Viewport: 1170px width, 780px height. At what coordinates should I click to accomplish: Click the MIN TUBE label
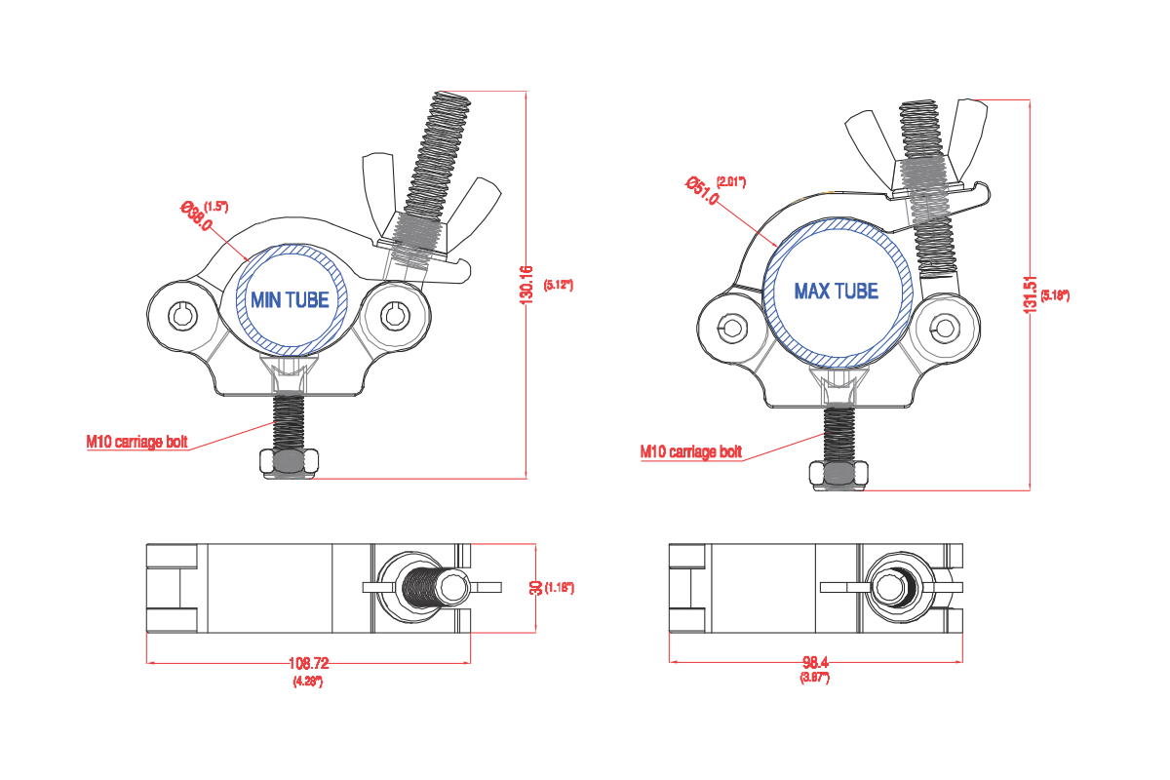pyautogui.click(x=290, y=300)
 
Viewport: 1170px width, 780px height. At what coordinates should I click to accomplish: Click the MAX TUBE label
pyautogui.click(x=836, y=292)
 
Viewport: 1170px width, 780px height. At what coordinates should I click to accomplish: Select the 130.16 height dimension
pyautogui.click(x=527, y=287)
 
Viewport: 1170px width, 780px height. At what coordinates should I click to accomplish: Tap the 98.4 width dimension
pyautogui.click(x=814, y=662)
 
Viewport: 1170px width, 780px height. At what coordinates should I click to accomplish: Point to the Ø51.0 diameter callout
pyautogui.click(x=702, y=191)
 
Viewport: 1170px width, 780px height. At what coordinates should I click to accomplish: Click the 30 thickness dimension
pyautogui.click(x=535, y=588)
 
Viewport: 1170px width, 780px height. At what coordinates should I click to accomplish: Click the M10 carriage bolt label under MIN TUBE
pyautogui.click(x=136, y=442)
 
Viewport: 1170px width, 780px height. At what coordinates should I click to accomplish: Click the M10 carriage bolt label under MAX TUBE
pyautogui.click(x=690, y=451)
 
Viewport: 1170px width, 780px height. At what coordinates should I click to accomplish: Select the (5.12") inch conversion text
pyautogui.click(x=558, y=285)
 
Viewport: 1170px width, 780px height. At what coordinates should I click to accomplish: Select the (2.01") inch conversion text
pyautogui.click(x=730, y=181)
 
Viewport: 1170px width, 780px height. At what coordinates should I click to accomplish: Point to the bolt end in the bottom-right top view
pyautogui.click(x=889, y=588)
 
